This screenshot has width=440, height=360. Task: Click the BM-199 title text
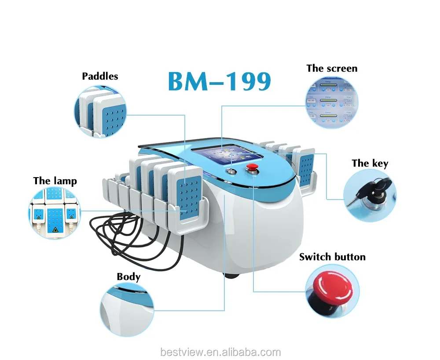[x=219, y=81]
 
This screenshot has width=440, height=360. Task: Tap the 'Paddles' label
[x=100, y=76]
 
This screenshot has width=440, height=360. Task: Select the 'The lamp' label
[x=55, y=181]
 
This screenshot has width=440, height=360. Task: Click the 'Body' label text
[x=128, y=277]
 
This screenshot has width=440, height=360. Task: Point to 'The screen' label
[x=332, y=68]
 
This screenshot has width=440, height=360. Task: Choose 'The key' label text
[x=370, y=164]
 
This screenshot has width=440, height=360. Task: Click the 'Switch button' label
[x=332, y=257]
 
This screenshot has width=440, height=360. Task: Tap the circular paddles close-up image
[x=100, y=111]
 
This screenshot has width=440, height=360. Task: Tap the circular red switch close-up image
[x=332, y=291]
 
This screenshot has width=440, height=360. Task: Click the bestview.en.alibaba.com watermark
[x=220, y=352]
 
